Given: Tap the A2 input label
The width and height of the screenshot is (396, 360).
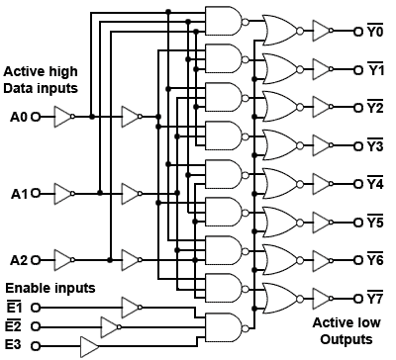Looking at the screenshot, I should (18, 261).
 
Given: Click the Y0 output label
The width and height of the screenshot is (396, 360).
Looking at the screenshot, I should (377, 32).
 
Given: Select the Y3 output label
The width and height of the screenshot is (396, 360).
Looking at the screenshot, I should (377, 146).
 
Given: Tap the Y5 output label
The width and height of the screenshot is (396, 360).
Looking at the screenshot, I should (377, 223).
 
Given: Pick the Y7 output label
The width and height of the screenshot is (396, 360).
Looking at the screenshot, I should (377, 298).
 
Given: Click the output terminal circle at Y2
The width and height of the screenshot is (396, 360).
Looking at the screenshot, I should (357, 108).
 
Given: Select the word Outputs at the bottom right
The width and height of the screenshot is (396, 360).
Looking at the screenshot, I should (343, 339).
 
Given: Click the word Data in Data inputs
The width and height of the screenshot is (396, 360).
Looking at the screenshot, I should (19, 90).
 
